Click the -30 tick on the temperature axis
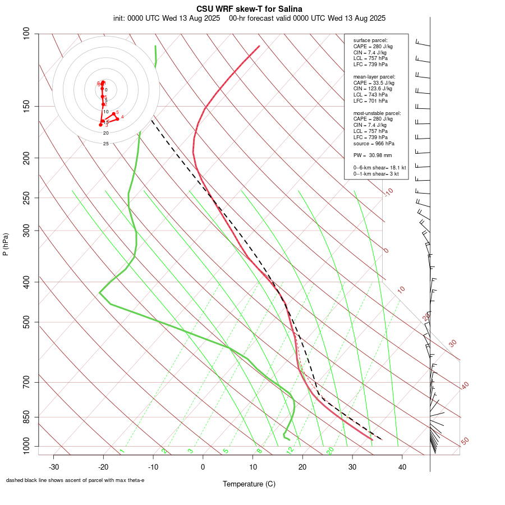pyautogui.click(x=54, y=467)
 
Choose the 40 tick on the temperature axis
pyautogui.click(x=402, y=467)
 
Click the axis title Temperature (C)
pyautogui.click(x=249, y=484)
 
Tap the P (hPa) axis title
pyautogui.click(x=6, y=244)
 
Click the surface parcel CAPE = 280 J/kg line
pyautogui.click(x=373, y=47)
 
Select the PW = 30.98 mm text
pyautogui.click(x=373, y=155)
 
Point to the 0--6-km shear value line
pyautogui.click(x=379, y=168)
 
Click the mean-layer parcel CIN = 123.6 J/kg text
pyautogui.click(x=373, y=89)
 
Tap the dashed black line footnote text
pyautogui.click(x=75, y=480)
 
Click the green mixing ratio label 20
pyautogui.click(x=330, y=450)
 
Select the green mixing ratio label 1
pyautogui.click(x=122, y=451)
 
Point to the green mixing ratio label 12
pyautogui.click(x=290, y=451)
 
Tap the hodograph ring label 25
pyautogui.click(x=105, y=144)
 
